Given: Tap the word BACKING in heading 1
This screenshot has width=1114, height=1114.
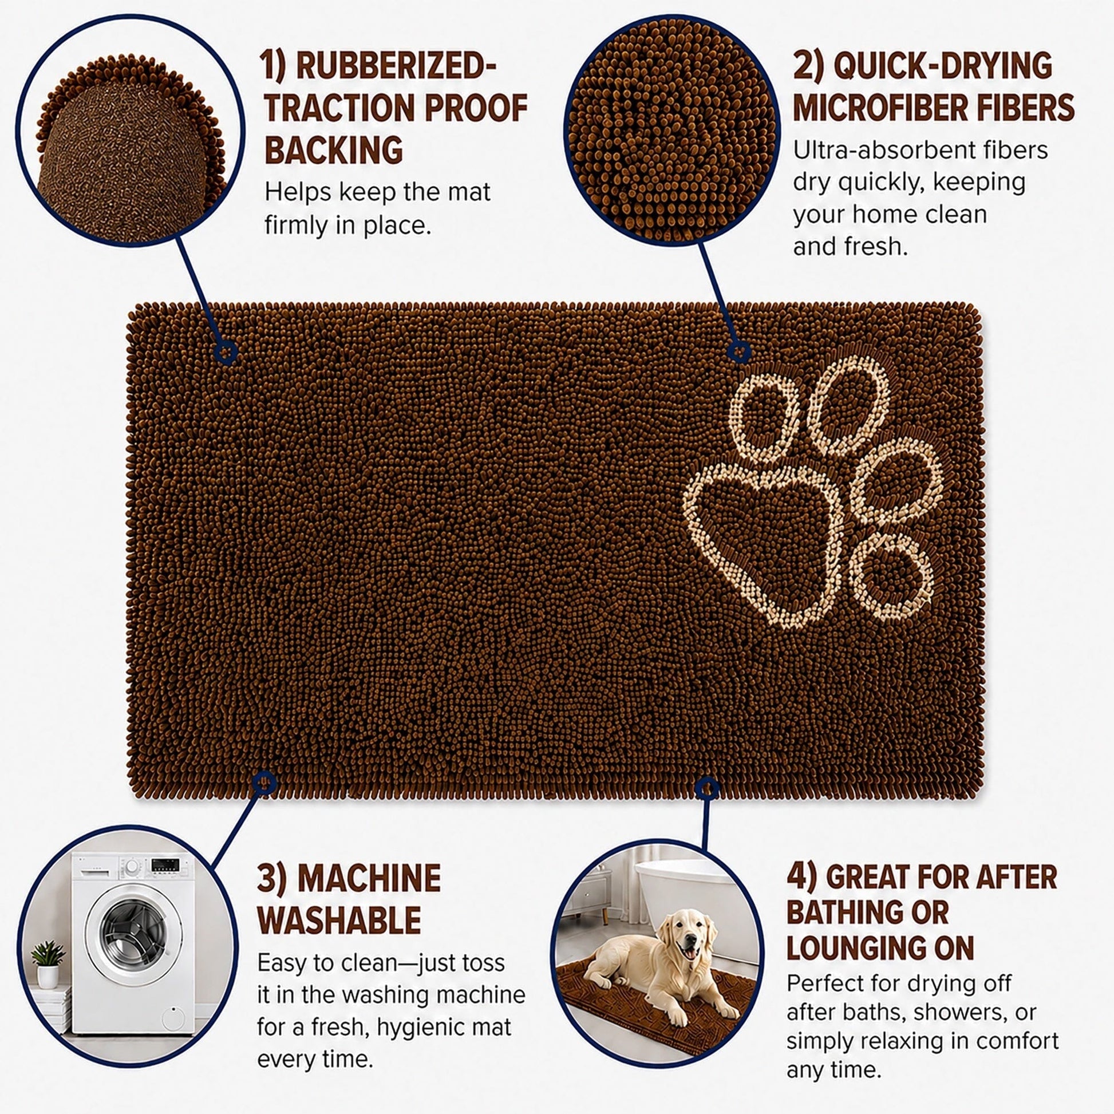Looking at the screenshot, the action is (333, 151).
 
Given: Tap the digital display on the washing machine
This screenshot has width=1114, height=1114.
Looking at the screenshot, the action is (165, 865).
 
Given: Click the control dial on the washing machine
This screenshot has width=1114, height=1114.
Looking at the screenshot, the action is (133, 867).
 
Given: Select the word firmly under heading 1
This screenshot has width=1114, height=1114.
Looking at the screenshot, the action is (294, 226).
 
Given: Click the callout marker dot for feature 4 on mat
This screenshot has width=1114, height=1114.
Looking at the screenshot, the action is (707, 788).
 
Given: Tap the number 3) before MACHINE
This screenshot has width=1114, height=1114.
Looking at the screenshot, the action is (272, 879).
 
